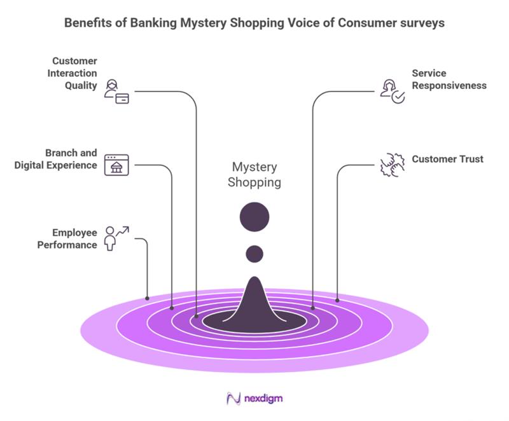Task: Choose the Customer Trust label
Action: [447, 159]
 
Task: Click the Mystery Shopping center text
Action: [254, 174]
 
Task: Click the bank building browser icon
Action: [116, 165]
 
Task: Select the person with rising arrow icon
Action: [116, 238]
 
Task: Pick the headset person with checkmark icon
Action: [392, 92]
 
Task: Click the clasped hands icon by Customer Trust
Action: [392, 165]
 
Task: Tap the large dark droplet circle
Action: [254, 217]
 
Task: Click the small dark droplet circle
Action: [254, 254]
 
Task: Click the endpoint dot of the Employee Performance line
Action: [147, 298]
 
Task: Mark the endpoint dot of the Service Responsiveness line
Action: [312, 308]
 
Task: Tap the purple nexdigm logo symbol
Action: [233, 399]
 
